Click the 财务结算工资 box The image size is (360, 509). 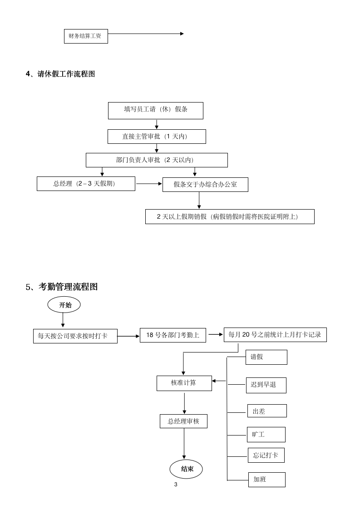tap(86, 36)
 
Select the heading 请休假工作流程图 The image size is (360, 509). tap(60, 74)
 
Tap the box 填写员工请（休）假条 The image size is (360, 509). tap(155, 110)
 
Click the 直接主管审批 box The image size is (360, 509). tap(157, 137)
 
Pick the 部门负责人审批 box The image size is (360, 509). tap(157, 160)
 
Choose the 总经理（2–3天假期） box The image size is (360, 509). tap(86, 184)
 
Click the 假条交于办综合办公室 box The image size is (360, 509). tap(205, 185)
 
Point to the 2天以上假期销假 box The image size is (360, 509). tap(230, 216)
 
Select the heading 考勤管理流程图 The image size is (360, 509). tap(62, 287)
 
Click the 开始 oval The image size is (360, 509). tap(64, 305)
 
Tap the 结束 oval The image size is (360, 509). tap(186, 469)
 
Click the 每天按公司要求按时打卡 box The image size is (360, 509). tap(75, 336)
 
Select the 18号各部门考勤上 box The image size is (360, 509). tap(173, 335)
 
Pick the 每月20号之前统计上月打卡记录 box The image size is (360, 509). tap(275, 335)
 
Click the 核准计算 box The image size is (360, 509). tap(184, 383)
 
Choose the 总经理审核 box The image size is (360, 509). tap(183, 421)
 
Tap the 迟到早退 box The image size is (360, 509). tap(266, 385)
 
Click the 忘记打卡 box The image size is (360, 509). tap(266, 455)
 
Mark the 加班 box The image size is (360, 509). tap(266, 480)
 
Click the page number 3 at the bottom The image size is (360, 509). tap(176, 485)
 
